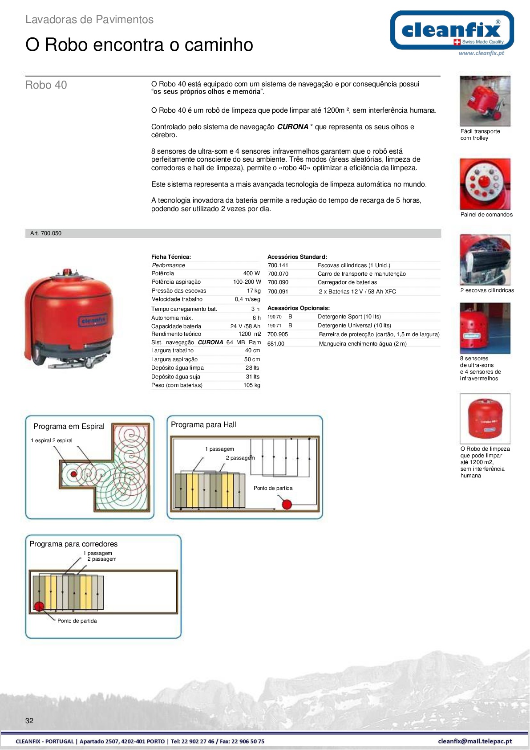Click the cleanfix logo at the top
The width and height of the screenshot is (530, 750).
click(452, 30)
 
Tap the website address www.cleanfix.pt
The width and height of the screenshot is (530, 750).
click(481, 53)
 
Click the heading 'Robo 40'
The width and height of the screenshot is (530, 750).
click(46, 85)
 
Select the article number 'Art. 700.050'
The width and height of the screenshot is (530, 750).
click(46, 233)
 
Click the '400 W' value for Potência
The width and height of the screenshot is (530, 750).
click(251, 273)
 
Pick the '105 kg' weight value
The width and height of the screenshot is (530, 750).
click(251, 385)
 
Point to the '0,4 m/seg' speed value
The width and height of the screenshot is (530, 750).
click(247, 299)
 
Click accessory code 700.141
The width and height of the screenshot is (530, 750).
click(278, 265)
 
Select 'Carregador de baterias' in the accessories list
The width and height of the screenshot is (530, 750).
click(347, 282)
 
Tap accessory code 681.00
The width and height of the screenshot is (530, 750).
click(275, 344)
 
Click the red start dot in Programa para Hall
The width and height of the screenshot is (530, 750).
click(287, 505)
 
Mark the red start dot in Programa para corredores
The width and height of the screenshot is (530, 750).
click(39, 606)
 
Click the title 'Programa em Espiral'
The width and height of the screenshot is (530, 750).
click(69, 427)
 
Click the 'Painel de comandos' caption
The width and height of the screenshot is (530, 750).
click(486, 215)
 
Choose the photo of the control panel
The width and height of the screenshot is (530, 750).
click(485, 184)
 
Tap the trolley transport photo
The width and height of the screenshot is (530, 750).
click(485, 101)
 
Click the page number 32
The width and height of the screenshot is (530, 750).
click(29, 721)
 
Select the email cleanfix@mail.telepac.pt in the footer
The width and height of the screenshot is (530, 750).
click(475, 742)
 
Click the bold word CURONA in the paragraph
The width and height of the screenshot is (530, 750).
click(292, 127)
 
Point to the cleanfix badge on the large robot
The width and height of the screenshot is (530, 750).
click(93, 320)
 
